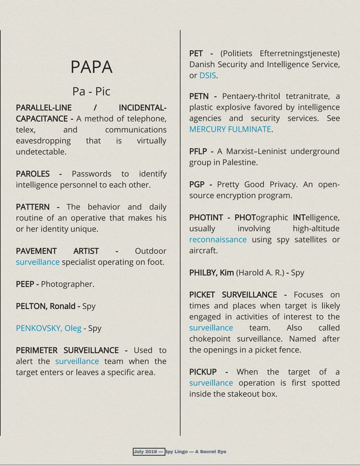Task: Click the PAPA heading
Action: [x=91, y=67]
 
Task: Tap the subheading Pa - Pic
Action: [x=91, y=91]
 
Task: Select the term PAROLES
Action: [x=33, y=174]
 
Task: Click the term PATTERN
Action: [x=33, y=207]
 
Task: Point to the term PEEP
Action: [x=26, y=284]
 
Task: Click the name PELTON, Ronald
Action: [x=46, y=306]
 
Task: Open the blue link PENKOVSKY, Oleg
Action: [x=49, y=328]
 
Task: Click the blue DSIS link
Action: [x=208, y=76]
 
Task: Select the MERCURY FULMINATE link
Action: [x=230, y=130]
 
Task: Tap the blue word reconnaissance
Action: [x=218, y=240]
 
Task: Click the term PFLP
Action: [x=199, y=152]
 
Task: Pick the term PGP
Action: [x=197, y=185]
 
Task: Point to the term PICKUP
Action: [x=203, y=372]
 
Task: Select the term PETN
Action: [x=199, y=96]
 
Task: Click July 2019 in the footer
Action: [x=146, y=452]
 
